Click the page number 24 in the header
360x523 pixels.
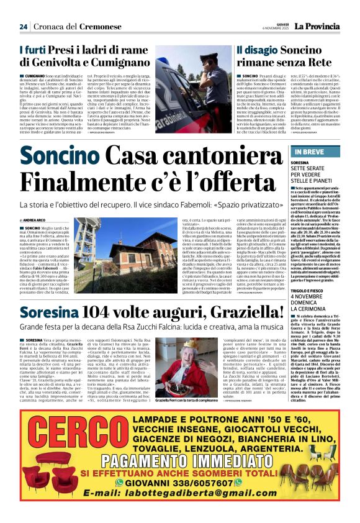click(24, 26)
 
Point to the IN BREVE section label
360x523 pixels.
click(308, 152)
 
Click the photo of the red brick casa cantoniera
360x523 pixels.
click(125, 247)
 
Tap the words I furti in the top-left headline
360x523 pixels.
click(35, 49)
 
